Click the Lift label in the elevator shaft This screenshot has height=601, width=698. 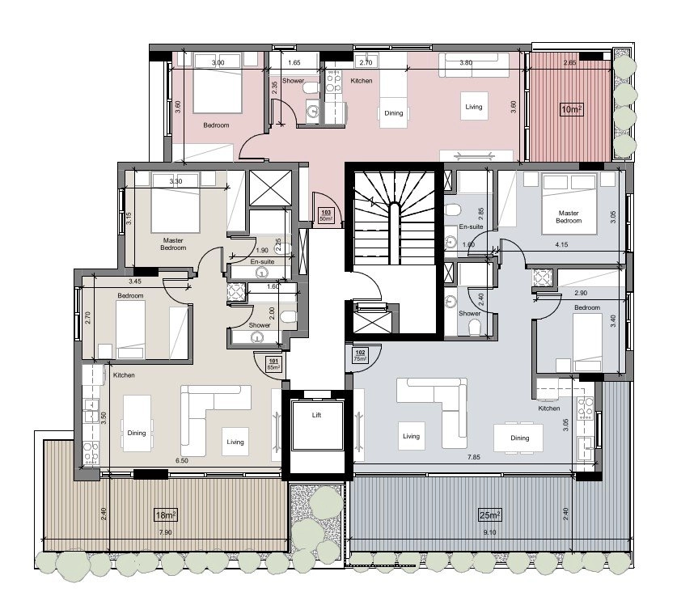coord(316,415)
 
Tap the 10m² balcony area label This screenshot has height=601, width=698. coord(572,109)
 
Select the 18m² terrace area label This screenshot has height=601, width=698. coord(166,515)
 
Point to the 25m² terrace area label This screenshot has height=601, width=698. coord(489,515)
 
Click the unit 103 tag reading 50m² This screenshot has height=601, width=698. coord(326,215)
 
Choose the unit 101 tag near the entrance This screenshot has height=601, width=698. coord(273,364)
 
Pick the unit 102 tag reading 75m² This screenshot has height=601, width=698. coord(360,356)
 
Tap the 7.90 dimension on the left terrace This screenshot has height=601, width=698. coord(165,532)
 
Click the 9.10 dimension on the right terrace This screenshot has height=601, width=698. coord(489,532)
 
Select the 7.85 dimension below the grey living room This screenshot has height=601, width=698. coord(474,457)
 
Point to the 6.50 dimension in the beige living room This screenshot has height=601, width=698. coord(182,461)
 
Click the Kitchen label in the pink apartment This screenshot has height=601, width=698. coord(361,81)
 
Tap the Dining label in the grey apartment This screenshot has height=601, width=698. coord(519,438)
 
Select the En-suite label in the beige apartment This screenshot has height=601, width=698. coord(262,261)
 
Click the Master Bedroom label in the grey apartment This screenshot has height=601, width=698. coord(569,217)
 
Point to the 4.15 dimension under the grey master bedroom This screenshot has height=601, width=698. coord(561,244)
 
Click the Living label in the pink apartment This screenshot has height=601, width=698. coord(474,107)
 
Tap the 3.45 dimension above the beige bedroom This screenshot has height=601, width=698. coord(135,281)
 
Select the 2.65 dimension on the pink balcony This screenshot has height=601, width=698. coord(569,62)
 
